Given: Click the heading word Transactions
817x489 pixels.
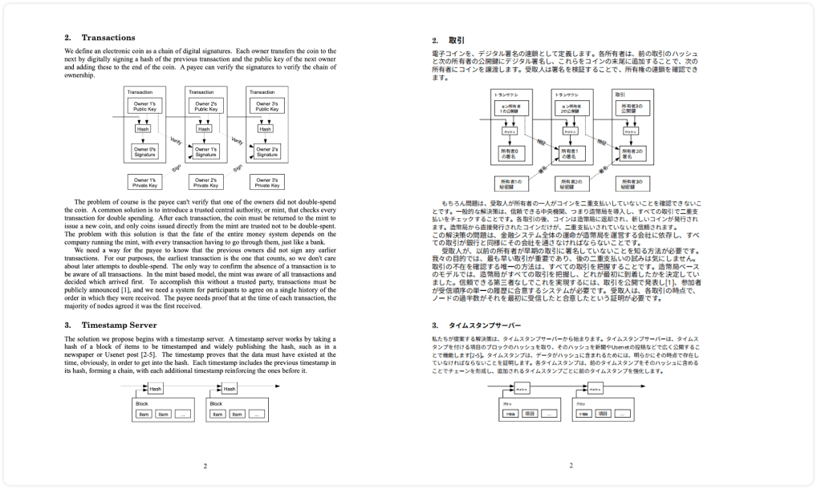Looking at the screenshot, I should coord(108,38).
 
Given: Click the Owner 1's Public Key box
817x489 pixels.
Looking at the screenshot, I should coord(144,106).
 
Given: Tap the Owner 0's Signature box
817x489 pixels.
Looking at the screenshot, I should coord(144,152).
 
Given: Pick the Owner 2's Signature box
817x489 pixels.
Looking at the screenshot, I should coord(266,152).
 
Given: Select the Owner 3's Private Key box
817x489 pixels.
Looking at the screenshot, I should coord(266,182).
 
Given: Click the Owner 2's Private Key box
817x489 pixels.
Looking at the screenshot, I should coord(205,182).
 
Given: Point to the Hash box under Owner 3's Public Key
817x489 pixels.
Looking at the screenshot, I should coord(265,129).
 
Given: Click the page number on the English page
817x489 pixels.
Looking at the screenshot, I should coord(205,466).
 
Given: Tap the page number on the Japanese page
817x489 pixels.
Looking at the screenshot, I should coord(571,466).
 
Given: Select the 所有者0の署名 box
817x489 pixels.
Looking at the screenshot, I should coord(510,153).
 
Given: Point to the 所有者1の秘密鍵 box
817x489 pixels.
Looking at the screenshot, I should coord(510,184).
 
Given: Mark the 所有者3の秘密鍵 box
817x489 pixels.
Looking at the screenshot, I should coord(633,184).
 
